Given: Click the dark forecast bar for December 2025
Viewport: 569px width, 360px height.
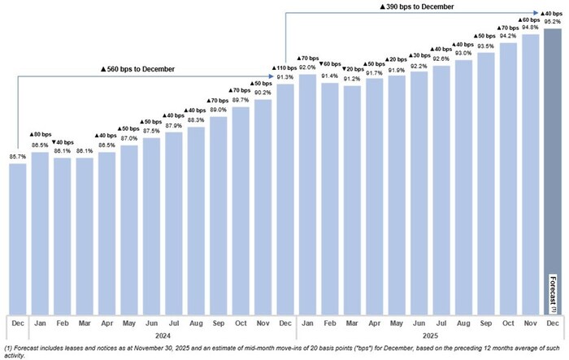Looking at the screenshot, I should point(551,163).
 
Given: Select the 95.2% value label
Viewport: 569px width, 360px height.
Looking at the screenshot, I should point(552,23).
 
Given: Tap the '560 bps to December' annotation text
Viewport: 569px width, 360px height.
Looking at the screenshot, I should point(137,69).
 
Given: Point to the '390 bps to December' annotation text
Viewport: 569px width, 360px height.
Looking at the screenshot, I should point(418,7).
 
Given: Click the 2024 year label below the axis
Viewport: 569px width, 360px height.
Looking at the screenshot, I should point(151,335).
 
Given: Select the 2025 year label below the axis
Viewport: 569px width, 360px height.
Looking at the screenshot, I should point(429,335).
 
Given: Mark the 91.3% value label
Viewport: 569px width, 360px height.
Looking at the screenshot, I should point(285,78).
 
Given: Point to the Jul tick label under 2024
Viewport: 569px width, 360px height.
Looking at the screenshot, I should point(174,323).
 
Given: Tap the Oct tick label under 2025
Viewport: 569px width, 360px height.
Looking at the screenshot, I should point(508,323).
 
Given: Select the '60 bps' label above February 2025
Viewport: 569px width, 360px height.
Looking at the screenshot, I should point(330,63).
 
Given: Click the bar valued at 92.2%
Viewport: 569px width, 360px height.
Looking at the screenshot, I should point(419,192).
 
